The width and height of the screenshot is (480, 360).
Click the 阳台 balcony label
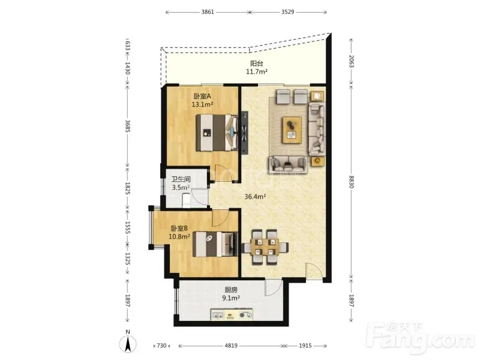257,64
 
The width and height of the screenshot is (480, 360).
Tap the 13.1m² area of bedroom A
202,104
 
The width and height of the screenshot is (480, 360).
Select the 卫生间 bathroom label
181,179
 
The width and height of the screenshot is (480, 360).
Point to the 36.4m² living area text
254,197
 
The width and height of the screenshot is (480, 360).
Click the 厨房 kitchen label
231,290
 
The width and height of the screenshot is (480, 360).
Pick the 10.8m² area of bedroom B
179,236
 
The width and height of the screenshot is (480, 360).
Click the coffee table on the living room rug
292,130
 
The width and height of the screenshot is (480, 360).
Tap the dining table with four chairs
265,247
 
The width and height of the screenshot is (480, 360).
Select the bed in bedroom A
217,133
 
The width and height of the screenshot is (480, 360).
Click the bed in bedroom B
215,244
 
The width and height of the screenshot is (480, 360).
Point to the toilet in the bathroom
186,200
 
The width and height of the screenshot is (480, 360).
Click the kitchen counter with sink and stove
232,314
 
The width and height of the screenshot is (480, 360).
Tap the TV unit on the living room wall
245,133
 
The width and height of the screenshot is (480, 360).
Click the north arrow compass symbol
128,343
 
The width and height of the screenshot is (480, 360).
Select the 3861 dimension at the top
208,12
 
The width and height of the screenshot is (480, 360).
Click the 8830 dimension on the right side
351,182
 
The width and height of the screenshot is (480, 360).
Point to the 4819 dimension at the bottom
231,346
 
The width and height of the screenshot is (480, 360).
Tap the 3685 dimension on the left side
128,126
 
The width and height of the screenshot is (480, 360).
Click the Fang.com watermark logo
422,338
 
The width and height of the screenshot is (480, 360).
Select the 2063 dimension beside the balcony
351,62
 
